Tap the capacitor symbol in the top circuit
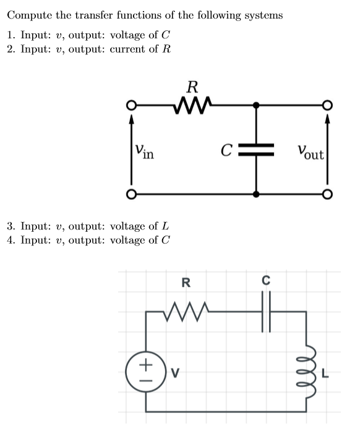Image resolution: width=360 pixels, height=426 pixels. [x=257, y=150]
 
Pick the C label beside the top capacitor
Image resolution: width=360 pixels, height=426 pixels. [x=227, y=150]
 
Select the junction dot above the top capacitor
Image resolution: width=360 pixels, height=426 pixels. [x=257, y=106]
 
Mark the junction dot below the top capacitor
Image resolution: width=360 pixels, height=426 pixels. [x=257, y=194]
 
